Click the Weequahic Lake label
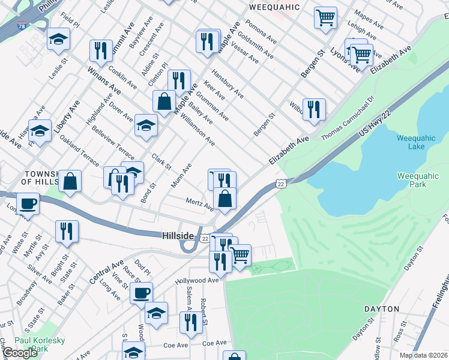411,143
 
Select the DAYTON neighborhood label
381,309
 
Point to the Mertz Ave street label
199,205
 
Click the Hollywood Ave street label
197,280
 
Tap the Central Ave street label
106,271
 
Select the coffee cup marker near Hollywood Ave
142,293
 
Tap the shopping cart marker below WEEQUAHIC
325,17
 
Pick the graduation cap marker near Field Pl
58,40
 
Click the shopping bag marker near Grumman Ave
164,101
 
